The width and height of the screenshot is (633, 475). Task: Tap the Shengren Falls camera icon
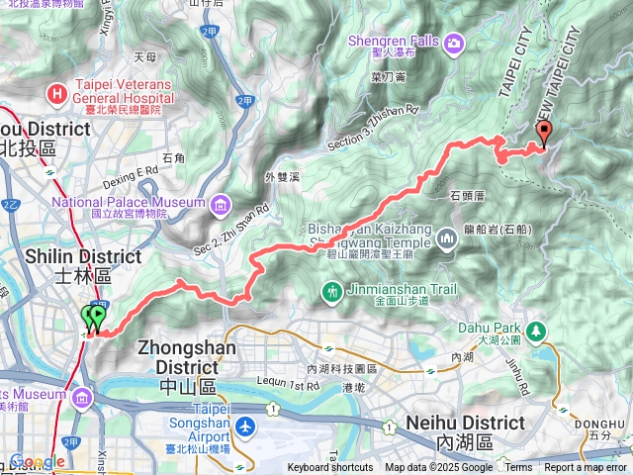453,42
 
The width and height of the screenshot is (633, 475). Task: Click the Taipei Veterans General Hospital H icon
59,93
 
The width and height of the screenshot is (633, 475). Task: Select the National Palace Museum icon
219,205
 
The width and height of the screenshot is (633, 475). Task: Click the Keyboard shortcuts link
330,468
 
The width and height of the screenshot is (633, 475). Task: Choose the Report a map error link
586,468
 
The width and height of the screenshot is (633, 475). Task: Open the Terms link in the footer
518,468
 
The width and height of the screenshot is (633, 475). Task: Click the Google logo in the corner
38,462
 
